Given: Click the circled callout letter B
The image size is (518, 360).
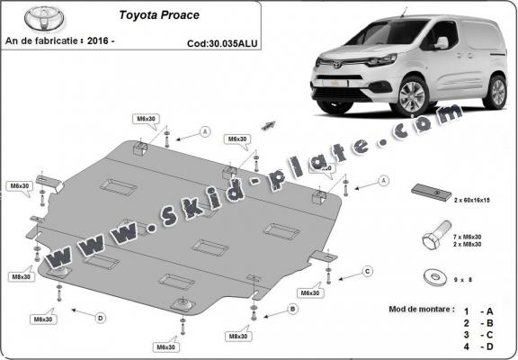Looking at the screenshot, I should (292, 309).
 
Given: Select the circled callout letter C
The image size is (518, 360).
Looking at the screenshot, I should (367, 271).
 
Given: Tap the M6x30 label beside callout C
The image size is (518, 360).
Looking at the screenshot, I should (310, 292).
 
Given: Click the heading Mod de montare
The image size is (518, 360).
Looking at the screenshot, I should (422, 308).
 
